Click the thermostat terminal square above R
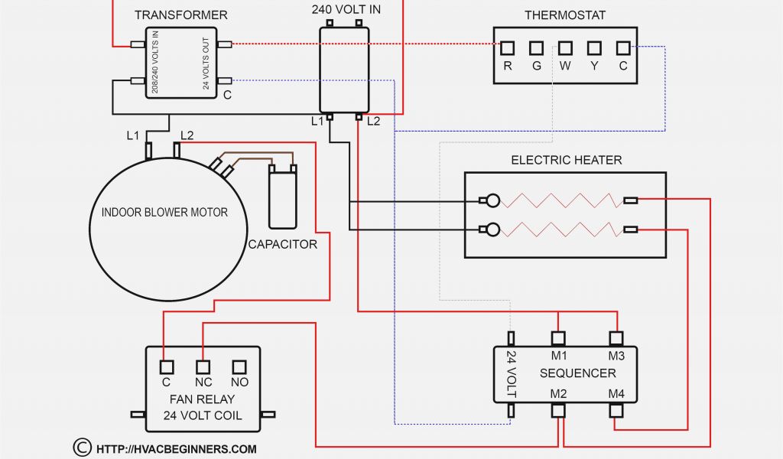pyautogui.click(x=508, y=48)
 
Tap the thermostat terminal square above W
pyautogui.click(x=566, y=48)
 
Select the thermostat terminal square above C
pyautogui.click(x=623, y=48)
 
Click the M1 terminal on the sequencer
pyautogui.click(x=559, y=337)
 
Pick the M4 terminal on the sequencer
pyautogui.click(x=616, y=410)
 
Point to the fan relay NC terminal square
pyautogui.click(x=203, y=366)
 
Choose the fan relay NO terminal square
pyautogui.click(x=239, y=366)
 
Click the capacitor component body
pyautogui.click(x=283, y=199)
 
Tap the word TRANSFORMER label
pyautogui.click(x=180, y=15)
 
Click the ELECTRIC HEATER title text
pyautogui.click(x=566, y=160)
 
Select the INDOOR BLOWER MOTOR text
pyautogui.click(x=164, y=212)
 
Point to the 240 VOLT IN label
pyautogui.click(x=346, y=10)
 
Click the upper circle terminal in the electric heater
pyautogui.click(x=494, y=201)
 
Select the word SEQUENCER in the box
pyautogui.click(x=577, y=373)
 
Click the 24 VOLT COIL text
pyautogui.click(x=203, y=415)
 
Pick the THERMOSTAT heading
pyautogui.click(x=565, y=15)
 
